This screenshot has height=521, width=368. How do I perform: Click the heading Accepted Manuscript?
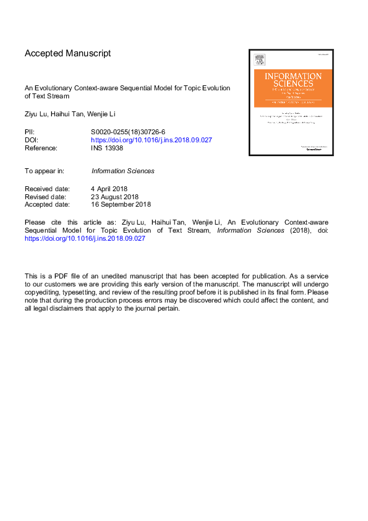tap(68, 53)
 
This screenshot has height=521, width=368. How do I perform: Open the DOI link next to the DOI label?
tap(152, 140)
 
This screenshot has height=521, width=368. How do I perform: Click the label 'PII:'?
tap(30, 132)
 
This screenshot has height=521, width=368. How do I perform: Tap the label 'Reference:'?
tap(41, 148)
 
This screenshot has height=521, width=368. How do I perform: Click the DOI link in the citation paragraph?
tap(85, 238)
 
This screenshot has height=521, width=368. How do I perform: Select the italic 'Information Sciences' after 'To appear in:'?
tap(122, 171)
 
